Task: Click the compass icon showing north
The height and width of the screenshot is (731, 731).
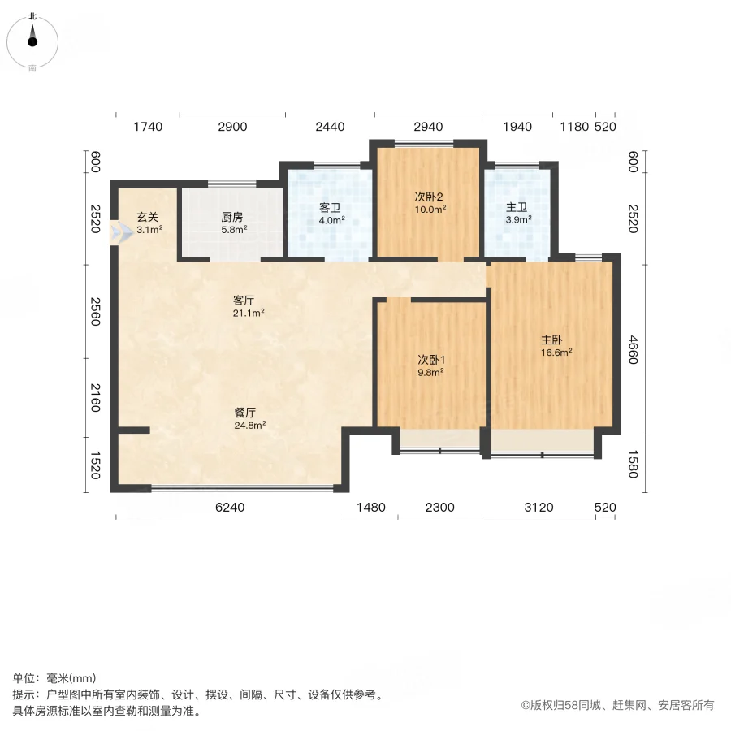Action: [x=32, y=41]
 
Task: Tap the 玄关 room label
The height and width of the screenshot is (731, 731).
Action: [x=147, y=217]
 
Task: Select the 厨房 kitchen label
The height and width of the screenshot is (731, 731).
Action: [x=232, y=218]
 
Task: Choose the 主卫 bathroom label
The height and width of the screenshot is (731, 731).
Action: [x=517, y=207]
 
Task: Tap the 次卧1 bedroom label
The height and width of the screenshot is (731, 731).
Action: [x=430, y=361]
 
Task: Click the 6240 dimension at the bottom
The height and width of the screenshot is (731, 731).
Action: [x=230, y=508]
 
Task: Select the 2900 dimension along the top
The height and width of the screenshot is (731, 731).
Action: [x=232, y=127]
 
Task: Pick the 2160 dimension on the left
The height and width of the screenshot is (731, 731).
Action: [x=94, y=397]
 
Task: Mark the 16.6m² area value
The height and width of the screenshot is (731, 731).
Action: [x=556, y=352]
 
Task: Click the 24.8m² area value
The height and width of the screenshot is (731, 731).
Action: [x=250, y=424]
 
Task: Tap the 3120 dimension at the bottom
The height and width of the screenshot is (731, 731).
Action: [x=538, y=508]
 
